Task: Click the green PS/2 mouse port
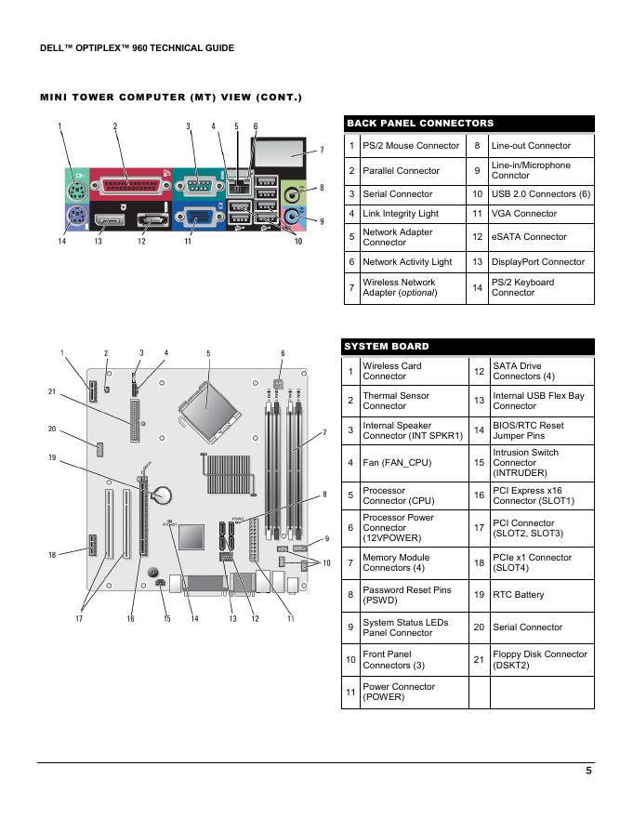tap(74, 181)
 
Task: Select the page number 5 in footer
tap(588, 770)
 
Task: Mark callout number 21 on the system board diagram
tap(52, 391)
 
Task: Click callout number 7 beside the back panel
tap(322, 151)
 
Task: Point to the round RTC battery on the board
tap(164, 493)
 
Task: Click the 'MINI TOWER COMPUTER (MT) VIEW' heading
tap(171, 98)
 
